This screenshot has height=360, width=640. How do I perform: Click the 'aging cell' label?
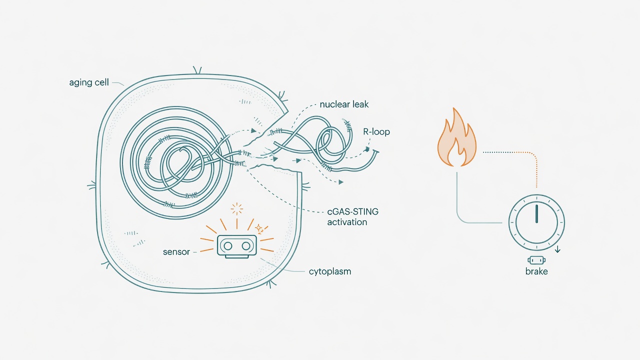click(89, 82)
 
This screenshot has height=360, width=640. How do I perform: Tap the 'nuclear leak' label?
click(344, 104)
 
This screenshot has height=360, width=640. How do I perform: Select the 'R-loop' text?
click(376, 131)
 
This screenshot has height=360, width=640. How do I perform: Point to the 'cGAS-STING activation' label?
click(352, 217)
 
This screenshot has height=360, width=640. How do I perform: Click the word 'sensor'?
click(176, 252)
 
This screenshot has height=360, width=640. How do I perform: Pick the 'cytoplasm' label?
click(329, 271)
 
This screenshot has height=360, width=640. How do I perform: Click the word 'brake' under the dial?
click(536, 271)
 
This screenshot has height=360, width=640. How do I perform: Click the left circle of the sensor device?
click(227, 245)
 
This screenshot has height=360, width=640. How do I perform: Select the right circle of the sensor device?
click(246, 245)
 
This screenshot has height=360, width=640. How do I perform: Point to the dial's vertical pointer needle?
click(536, 213)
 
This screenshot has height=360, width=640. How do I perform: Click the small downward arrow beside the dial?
click(557, 249)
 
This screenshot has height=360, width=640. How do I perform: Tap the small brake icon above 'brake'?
click(536, 260)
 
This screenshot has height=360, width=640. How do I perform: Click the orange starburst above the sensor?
click(237, 209)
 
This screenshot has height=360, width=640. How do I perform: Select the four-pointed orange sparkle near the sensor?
click(259, 228)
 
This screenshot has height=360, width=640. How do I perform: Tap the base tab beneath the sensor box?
click(237, 256)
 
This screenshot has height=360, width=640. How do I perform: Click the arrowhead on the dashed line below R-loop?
click(366, 149)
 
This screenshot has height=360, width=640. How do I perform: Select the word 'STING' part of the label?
click(365, 211)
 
